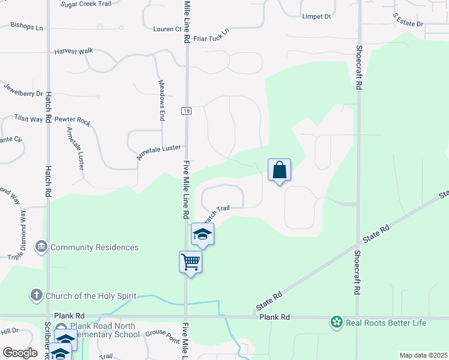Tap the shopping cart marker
(x=190, y=262)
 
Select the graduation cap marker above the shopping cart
(x=203, y=235)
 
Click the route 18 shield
(x=187, y=111)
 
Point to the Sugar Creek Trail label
(x=86, y=4)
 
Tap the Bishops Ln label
(x=27, y=27)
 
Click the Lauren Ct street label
(x=167, y=29)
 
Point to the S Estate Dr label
(x=408, y=20)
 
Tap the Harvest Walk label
(x=73, y=52)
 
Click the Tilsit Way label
(x=29, y=118)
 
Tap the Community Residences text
(x=95, y=247)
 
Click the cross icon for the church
(x=37, y=295)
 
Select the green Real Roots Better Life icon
(x=337, y=323)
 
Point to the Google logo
(x=20, y=353)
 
